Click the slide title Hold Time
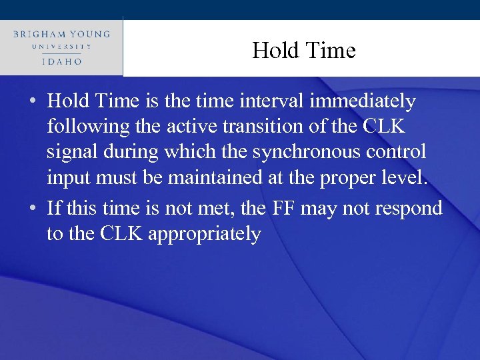click(303, 51)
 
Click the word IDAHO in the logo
click(61, 61)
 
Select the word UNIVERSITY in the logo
click(61, 47)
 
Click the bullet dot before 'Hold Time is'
click(32, 102)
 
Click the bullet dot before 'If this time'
click(32, 209)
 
